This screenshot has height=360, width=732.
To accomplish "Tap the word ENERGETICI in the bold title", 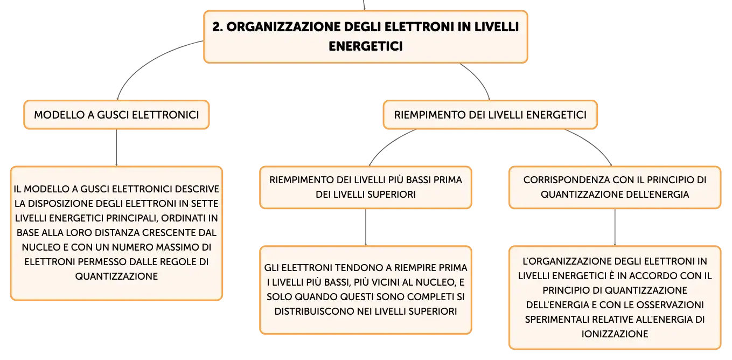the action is point(366,46).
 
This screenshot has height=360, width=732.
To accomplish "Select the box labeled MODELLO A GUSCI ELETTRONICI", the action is point(116,115).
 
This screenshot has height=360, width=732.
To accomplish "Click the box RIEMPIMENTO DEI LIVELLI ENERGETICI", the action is point(490,115).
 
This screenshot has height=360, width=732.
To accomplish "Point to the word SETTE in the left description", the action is point(205,203).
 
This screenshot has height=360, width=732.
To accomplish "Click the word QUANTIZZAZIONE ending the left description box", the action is point(116,276).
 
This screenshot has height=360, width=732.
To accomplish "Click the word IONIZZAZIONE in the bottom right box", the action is point(615,334).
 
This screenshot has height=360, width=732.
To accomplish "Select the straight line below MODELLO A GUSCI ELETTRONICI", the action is point(116,148).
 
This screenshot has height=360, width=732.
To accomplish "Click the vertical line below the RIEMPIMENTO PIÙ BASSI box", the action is point(366,227).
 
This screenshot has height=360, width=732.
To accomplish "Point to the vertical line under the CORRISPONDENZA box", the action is point(615,227).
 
